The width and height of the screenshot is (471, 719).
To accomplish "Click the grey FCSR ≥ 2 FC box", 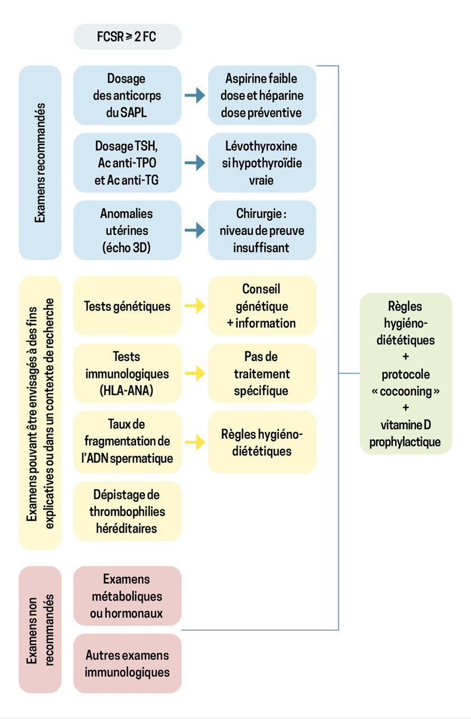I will pos(127,37).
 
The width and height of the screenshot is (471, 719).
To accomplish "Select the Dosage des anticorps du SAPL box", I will pos(127,95).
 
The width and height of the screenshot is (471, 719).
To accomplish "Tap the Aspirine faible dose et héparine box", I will pos(262,95).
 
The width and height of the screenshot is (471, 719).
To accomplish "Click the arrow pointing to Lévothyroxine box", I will pos(195,163).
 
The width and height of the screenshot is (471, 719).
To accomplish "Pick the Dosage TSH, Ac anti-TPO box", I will pos(127,163).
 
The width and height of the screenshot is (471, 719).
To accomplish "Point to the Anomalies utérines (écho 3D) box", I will pos(127,230).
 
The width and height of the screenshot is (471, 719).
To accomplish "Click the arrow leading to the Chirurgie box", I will pos(195,230).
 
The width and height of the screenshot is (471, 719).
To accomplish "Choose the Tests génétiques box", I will pos(127,306).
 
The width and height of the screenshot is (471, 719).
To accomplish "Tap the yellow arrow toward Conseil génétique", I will pos(195,306).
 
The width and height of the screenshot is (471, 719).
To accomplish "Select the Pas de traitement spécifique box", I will pos(262,374).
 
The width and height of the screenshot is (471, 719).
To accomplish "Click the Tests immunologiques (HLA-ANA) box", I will pos(127,374).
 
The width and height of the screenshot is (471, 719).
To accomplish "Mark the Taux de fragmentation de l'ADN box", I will pos(127,442).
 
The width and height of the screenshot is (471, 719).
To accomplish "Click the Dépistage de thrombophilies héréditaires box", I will pos(127,511).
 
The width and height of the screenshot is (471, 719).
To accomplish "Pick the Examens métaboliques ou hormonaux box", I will pos(127,596).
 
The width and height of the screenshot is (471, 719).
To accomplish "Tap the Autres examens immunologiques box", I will pos(127,663).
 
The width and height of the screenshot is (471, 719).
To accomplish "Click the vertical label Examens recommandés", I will pos(40,163).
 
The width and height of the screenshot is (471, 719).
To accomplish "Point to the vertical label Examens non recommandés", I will pos(40,630).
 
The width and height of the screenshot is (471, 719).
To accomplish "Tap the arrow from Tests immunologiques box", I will pos(195,374).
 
